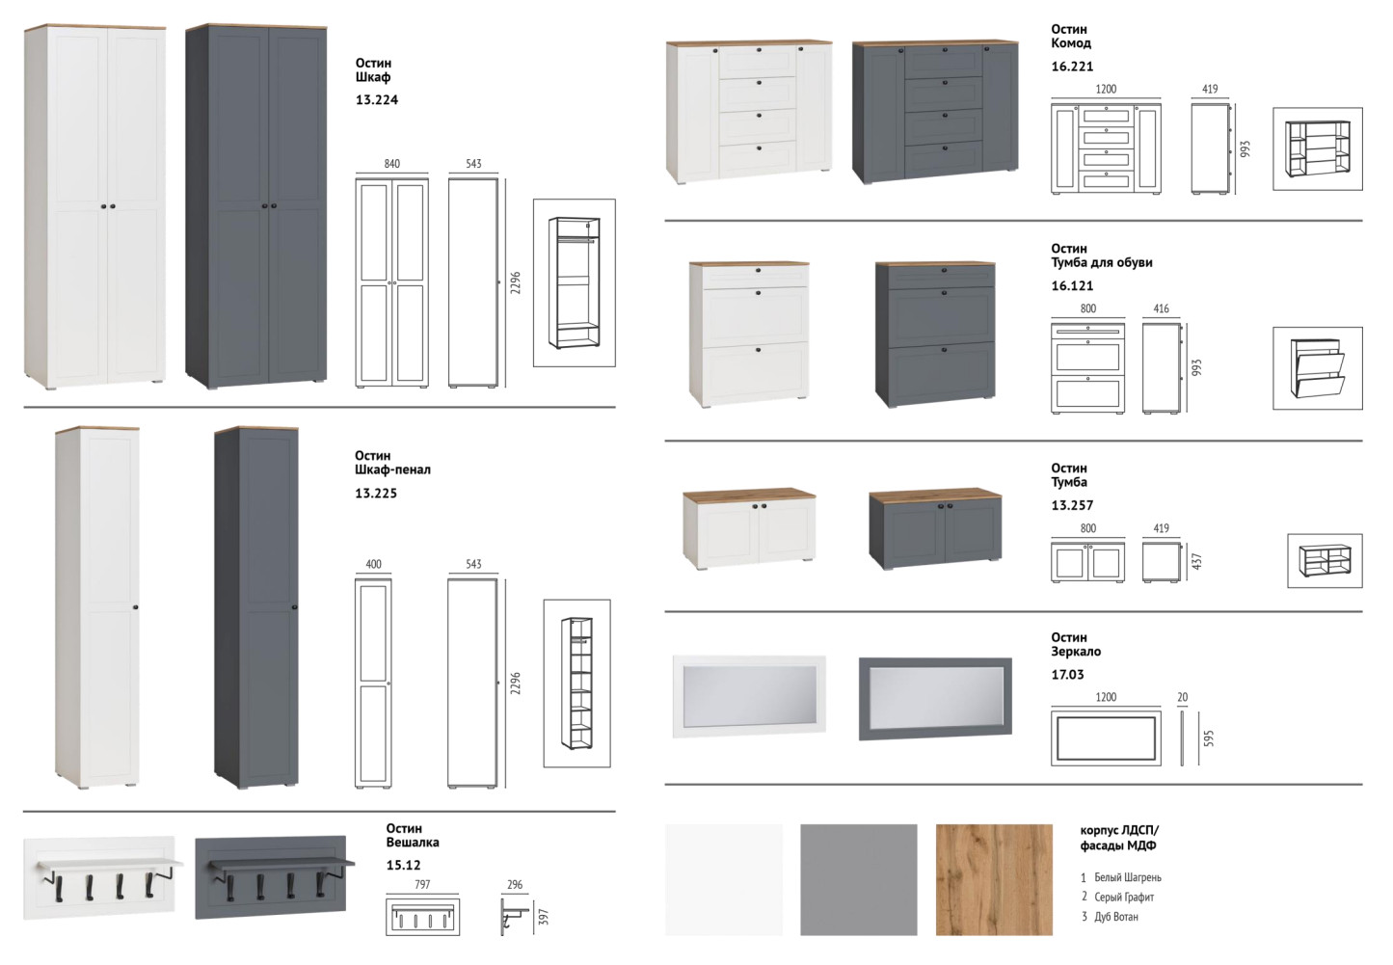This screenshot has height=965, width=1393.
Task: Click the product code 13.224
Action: pos(377,100)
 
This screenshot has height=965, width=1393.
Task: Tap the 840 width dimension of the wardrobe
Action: pos(391,164)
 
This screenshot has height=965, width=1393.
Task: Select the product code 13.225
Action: pos(376,493)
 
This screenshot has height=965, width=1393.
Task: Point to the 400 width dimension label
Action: pos(373,564)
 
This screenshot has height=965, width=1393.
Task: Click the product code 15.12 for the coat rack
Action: pos(403,865)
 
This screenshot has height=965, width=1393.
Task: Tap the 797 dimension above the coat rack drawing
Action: pos(422,884)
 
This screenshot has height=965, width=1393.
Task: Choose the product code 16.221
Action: pos(1072,67)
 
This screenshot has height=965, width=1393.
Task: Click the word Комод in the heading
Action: pos(1071,43)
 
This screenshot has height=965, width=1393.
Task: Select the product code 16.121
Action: pos(1072,286)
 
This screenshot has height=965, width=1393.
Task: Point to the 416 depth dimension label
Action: pos(1161,308)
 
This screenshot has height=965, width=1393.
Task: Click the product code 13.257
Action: pos(1072,505)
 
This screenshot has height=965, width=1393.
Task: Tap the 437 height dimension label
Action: pos(1196,561)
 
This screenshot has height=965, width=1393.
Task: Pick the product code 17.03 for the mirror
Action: pos(1067,675)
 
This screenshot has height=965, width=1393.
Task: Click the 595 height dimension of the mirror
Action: pos(1208,738)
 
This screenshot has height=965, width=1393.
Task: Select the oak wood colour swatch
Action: pos(994,880)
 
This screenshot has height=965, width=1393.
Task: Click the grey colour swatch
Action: pos(858,880)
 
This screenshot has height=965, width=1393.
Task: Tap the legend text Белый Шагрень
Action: pos(1128,877)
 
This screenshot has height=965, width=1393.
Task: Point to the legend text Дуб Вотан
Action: pos(1115,917)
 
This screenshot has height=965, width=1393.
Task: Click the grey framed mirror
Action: pos(935,699)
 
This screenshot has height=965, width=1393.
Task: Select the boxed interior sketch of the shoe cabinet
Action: pos(1317,368)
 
